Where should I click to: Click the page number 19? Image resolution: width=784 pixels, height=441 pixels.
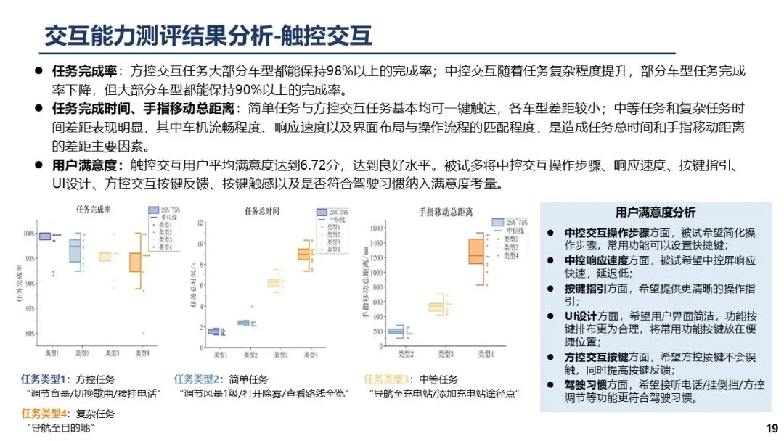(772, 428)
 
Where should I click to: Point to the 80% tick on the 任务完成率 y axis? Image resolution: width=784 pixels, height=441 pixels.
(29, 334)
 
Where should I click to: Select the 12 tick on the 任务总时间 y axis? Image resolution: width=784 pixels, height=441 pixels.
(195, 222)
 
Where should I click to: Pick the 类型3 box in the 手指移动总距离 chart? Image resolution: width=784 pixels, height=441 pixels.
(436, 307)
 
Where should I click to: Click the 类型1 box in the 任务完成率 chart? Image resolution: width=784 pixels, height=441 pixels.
(45, 236)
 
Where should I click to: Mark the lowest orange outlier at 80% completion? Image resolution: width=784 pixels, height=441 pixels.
(143, 334)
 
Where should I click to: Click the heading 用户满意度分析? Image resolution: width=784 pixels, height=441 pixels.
(656, 213)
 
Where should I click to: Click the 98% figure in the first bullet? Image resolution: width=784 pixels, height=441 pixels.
(335, 71)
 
